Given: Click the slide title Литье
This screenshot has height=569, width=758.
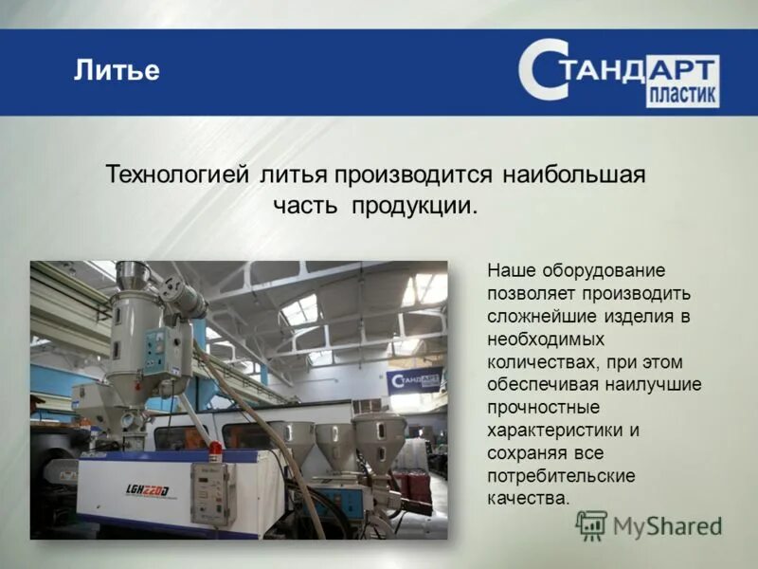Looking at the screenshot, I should tap(117, 71).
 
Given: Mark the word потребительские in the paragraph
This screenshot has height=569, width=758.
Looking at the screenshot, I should tap(561, 475).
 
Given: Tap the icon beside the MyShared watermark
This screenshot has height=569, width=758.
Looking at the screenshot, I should tap(591, 524).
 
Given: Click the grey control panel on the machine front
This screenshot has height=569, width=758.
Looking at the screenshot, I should tap(211, 493).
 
